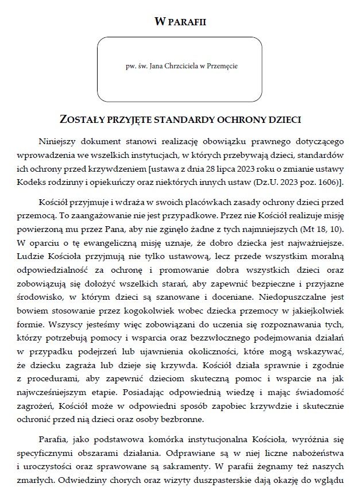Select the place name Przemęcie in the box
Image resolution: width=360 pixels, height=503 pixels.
pos(223,67)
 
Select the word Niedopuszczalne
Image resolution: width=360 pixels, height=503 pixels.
pos(295,297)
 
